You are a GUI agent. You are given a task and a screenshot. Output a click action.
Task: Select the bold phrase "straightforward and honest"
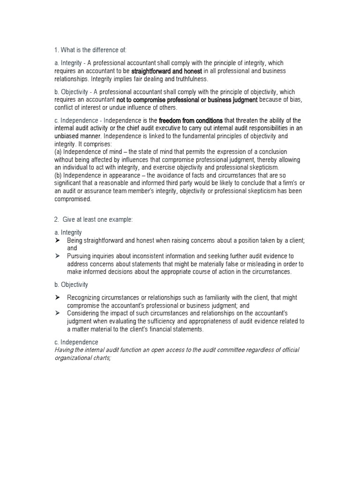[167, 71]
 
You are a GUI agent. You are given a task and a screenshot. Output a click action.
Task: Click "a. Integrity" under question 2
[68, 232]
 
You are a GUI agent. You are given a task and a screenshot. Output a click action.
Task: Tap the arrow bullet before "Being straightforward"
[57, 240]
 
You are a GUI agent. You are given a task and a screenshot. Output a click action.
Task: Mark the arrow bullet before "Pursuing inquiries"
[57, 256]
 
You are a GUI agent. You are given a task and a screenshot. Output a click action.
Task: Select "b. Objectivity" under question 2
[71, 284]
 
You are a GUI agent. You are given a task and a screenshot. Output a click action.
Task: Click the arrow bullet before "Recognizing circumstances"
[57, 298]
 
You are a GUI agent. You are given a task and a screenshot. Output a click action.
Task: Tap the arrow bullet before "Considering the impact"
[57, 313]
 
